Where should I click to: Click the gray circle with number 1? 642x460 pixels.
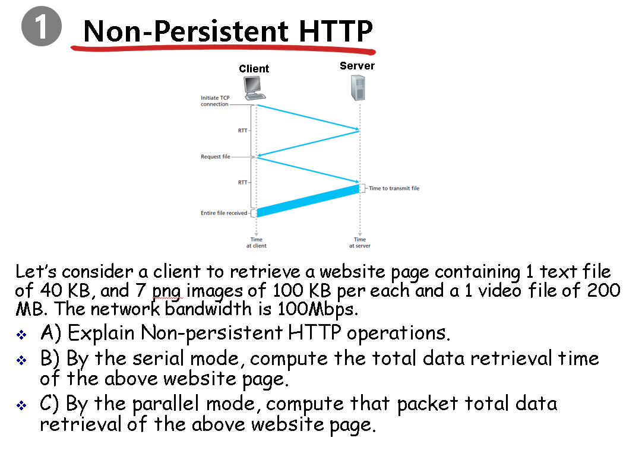coord(42,26)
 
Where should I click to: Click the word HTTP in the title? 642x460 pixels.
coord(336,31)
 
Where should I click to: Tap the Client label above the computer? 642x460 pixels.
coord(254,69)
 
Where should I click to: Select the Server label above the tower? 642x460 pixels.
coord(357,66)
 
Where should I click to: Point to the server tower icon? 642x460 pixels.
coord(358,88)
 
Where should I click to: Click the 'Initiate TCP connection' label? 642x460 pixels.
coord(215,101)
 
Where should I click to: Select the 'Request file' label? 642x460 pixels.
coord(216,157)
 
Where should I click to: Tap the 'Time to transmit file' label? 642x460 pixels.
coord(394,188)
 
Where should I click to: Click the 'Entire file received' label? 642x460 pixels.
coord(224,213)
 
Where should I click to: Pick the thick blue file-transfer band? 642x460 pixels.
coord(308,201)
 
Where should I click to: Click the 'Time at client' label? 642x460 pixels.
coord(257,243)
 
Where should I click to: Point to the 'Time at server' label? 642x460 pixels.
coord(360,243)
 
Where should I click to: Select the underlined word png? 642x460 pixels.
coord(167,292)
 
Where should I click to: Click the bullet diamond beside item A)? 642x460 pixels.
coord(21,335)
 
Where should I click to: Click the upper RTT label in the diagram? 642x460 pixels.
coord(243,131)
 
